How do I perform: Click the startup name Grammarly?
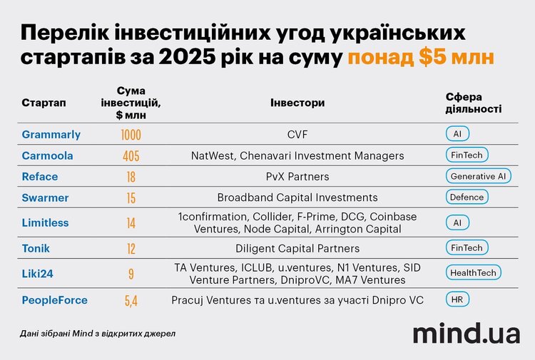pos(51,134)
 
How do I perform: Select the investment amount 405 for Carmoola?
pos(131,155)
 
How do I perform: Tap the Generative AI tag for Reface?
pos(477,176)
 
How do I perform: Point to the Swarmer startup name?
pos(46,197)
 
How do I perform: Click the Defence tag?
pos(467,197)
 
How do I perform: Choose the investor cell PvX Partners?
pos(297,176)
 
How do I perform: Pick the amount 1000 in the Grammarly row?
pos(131,135)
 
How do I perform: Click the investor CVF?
pos(297,134)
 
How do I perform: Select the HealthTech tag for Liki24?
pos(473,272)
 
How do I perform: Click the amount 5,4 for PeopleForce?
pos(131,301)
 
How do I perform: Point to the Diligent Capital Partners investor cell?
pos(297,248)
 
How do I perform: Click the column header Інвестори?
pos(297,103)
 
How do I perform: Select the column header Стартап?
pos(44,103)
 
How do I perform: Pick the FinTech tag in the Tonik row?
pos(467,248)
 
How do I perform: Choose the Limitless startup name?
pos(45,222)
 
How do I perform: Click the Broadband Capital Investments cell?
pos(297,197)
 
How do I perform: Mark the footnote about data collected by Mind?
pos(98,333)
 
